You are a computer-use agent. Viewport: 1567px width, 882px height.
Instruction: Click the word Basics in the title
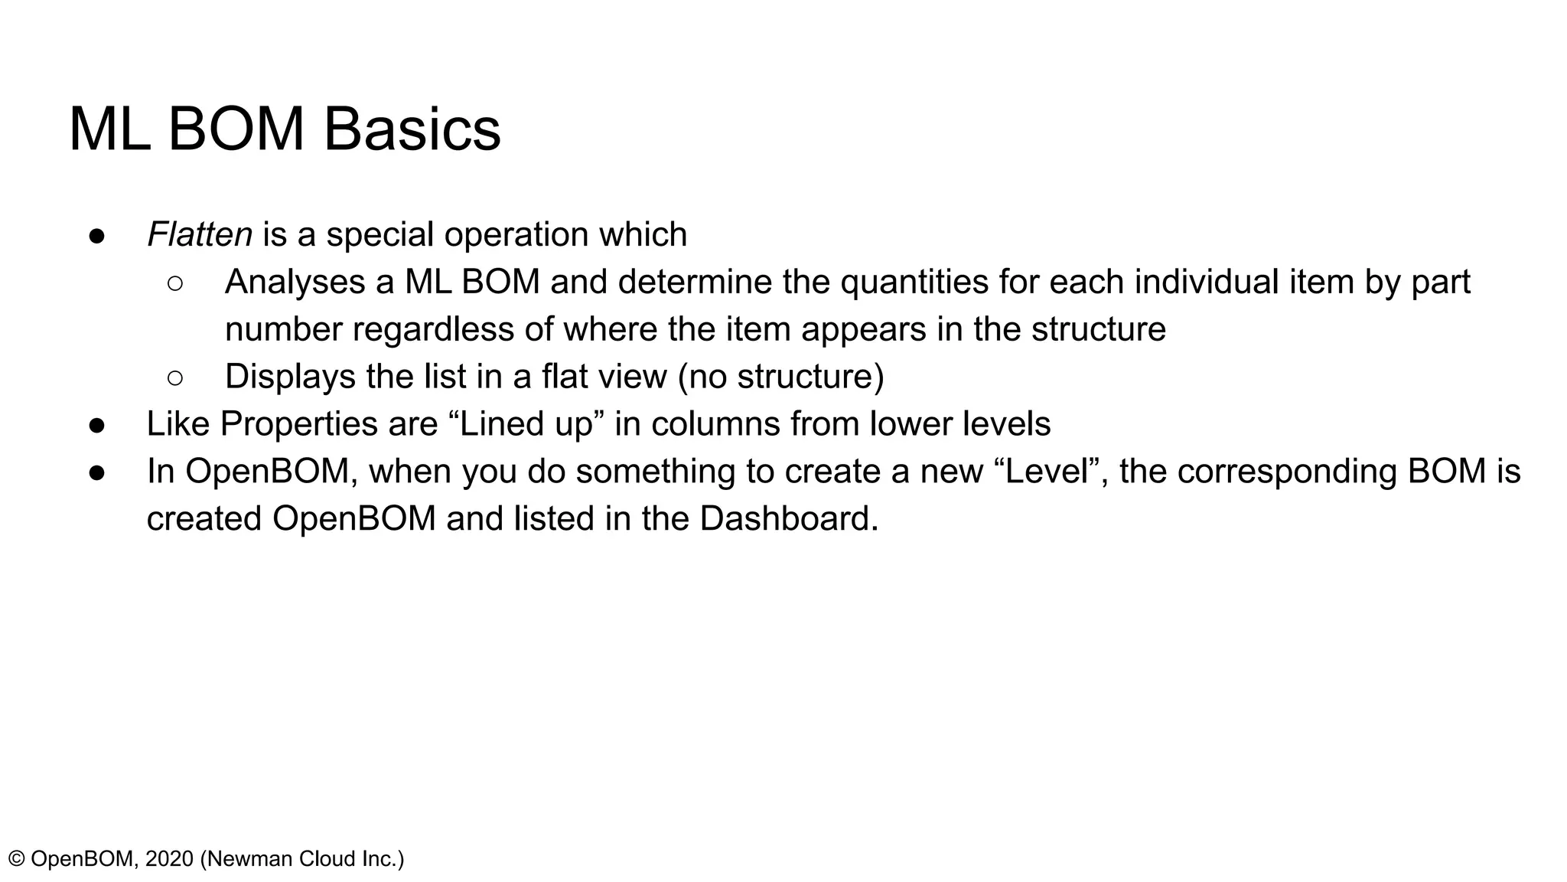[x=412, y=129]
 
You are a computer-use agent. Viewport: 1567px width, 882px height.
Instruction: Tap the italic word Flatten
[x=199, y=234]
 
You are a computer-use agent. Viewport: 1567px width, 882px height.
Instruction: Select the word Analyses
[x=295, y=282]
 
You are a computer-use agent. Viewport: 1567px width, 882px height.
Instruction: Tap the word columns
[x=715, y=424]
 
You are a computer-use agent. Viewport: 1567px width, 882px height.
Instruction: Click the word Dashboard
[x=788, y=518]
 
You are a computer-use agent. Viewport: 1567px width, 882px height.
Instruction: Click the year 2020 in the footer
[x=169, y=859]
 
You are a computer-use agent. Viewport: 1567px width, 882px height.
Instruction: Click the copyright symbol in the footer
[x=16, y=859]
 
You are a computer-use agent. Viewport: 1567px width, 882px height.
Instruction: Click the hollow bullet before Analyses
[x=174, y=283]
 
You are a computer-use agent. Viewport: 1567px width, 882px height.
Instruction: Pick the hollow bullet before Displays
[x=174, y=377]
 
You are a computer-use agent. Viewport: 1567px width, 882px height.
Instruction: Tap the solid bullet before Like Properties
[x=97, y=425]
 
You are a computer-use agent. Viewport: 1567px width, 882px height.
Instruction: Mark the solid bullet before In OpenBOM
[x=97, y=472]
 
